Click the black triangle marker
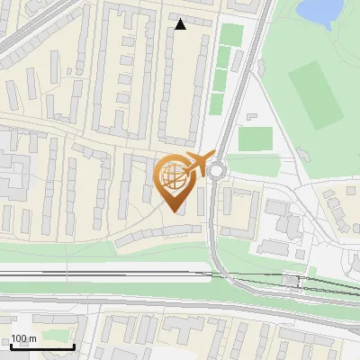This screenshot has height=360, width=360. pos(180,24)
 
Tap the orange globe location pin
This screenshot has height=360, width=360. pos(175,180)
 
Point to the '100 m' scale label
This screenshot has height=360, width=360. pos(23,339)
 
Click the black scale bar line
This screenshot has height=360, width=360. pos(41,346)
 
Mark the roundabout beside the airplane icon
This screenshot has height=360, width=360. pos(219,170)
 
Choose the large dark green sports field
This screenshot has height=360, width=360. pos(316,94)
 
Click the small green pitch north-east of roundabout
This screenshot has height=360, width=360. pos(256,139)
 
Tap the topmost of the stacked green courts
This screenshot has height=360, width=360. pos(231,34)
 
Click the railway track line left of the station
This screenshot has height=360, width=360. pos(135,273)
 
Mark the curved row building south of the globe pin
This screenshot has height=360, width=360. pos(153,233)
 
